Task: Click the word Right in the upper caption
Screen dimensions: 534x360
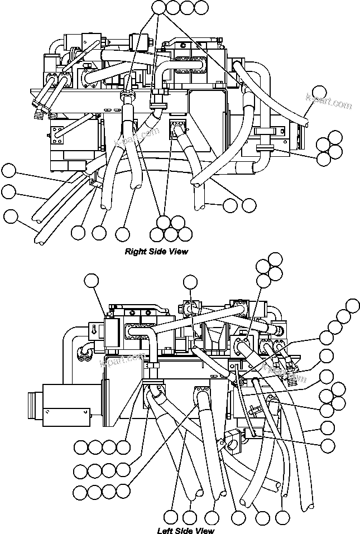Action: coord(135,252)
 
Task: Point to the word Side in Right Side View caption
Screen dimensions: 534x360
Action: coord(158,252)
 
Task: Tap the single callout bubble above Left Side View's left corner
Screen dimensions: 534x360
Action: coord(92,280)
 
